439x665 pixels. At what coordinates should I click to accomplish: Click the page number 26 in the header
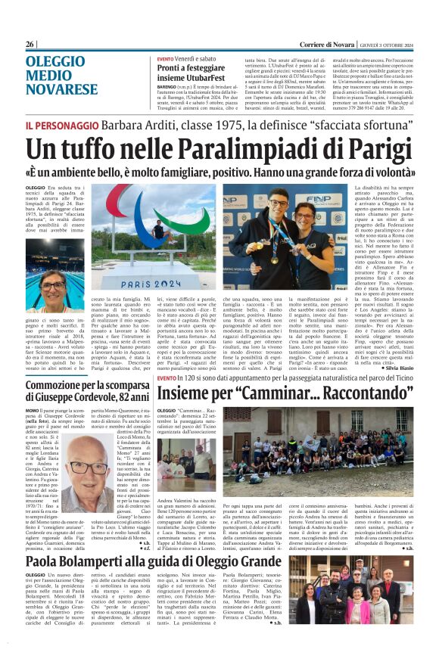click(30, 45)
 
